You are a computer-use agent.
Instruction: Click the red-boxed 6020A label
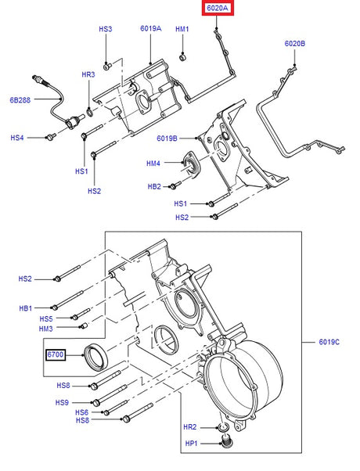tap(218, 9)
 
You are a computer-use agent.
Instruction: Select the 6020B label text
tap(295, 44)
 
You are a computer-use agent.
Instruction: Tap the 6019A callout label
tap(151, 29)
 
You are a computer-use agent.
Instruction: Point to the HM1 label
tap(182, 29)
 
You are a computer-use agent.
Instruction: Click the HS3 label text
tap(106, 29)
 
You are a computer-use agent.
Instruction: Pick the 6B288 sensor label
tap(20, 100)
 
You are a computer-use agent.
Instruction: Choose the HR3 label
tap(88, 74)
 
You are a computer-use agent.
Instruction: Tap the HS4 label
tap(17, 138)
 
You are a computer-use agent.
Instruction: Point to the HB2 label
tap(154, 186)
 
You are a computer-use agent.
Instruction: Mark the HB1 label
tap(26, 307)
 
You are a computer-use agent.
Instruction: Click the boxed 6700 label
tap(55, 355)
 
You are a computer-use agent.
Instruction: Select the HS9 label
tap(63, 402)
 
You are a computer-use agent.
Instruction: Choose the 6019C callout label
tap(329, 342)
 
